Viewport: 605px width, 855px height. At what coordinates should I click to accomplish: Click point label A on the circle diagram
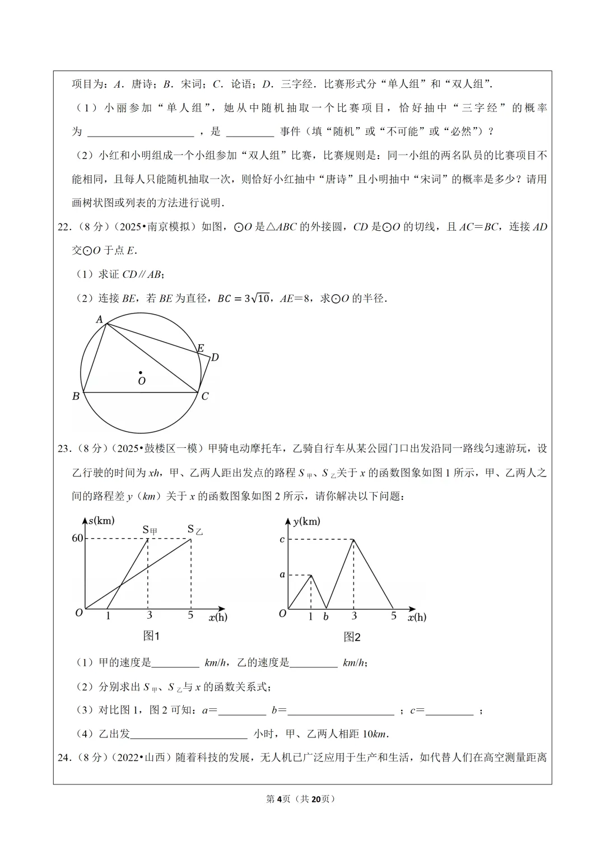click(100, 319)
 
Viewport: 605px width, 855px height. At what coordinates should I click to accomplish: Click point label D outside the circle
click(215, 357)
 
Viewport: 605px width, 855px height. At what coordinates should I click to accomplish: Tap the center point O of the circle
click(141, 372)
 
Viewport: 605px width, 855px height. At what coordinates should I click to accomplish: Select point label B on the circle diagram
click(76, 396)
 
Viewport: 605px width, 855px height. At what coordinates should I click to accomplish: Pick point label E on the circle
click(200, 348)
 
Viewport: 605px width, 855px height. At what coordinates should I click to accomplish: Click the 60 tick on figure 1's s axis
click(77, 538)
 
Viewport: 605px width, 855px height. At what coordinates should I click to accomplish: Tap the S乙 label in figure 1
click(194, 529)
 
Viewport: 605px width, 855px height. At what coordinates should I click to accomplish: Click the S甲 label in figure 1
click(150, 530)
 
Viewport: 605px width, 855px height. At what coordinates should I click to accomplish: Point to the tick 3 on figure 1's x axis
click(150, 615)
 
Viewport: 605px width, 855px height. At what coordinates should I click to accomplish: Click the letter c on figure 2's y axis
click(282, 539)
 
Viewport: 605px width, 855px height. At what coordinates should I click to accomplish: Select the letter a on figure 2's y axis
click(282, 574)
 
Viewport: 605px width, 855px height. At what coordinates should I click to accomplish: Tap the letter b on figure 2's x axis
click(326, 616)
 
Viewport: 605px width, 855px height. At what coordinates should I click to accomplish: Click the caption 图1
click(151, 636)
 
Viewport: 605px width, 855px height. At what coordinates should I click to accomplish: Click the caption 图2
click(352, 637)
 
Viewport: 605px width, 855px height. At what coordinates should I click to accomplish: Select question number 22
click(65, 227)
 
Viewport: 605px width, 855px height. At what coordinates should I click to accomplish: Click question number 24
click(65, 758)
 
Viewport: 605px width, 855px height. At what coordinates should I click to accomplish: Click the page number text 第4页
click(278, 798)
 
